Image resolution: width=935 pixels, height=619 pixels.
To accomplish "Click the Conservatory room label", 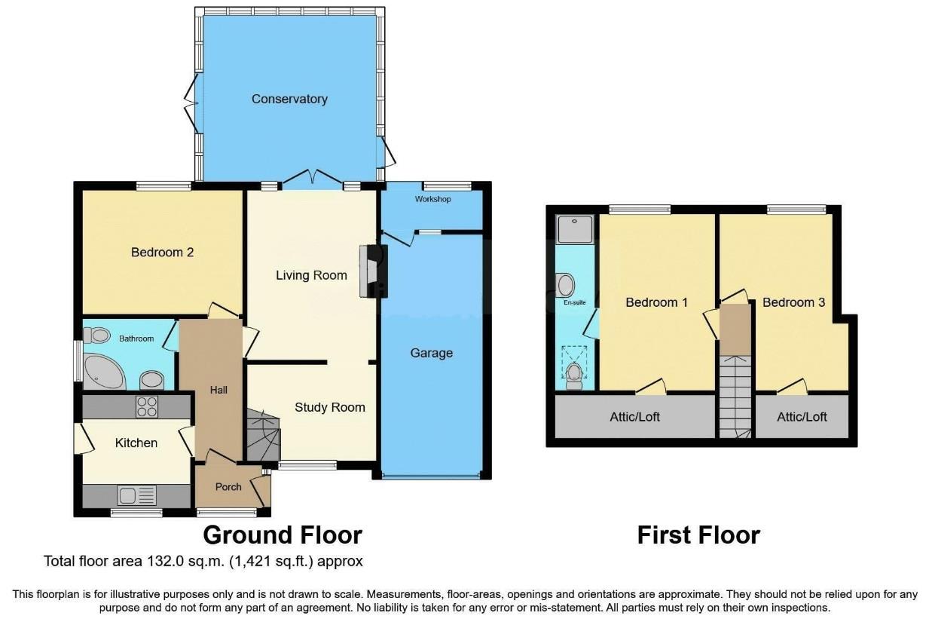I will (289, 99).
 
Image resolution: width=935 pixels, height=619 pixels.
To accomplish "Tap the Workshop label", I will (432, 199).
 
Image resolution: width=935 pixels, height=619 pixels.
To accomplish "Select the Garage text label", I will (431, 353).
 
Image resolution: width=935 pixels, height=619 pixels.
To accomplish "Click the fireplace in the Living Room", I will (372, 271).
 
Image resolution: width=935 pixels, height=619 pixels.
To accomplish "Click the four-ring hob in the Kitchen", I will (146, 406).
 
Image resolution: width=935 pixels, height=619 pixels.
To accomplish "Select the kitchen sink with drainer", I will (136, 495).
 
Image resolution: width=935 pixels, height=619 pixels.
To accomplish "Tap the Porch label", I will (228, 486).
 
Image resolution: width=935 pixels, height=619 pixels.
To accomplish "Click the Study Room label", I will (329, 407).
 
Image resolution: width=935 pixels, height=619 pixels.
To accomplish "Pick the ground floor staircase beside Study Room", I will (263, 435).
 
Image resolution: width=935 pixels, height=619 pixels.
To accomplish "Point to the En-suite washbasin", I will (567, 285).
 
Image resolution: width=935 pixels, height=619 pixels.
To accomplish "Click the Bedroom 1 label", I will (656, 302).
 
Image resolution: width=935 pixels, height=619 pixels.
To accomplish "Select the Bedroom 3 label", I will (793, 302).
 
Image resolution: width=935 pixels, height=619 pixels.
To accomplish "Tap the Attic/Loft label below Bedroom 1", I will (634, 416).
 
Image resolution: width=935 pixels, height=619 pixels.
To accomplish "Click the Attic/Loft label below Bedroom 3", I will (802, 416).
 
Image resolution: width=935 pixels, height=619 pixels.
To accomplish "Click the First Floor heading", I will (698, 535).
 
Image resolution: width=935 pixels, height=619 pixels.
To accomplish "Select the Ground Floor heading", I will (283, 535).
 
